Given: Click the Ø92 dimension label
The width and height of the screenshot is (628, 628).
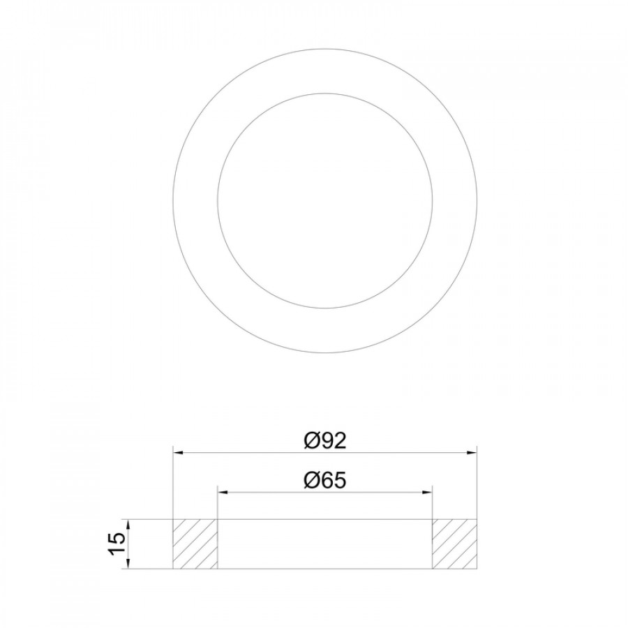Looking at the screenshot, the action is tap(324, 441).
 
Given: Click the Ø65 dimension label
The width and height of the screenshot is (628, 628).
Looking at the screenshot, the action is tap(324, 480).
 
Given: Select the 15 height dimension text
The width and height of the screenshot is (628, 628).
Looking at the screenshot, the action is tap(117, 544).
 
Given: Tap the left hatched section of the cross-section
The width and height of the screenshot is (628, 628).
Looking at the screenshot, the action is tap(195, 544).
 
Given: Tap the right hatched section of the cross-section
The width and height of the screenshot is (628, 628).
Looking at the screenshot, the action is tap(454, 544).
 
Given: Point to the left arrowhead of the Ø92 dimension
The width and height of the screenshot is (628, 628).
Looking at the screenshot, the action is tap(177, 453).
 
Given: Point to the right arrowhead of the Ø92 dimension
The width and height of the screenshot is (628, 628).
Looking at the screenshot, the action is tap(472, 453).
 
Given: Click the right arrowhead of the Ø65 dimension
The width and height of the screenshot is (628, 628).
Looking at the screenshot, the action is tap(428, 491).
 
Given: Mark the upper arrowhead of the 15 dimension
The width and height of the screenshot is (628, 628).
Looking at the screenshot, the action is tap(128, 524).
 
